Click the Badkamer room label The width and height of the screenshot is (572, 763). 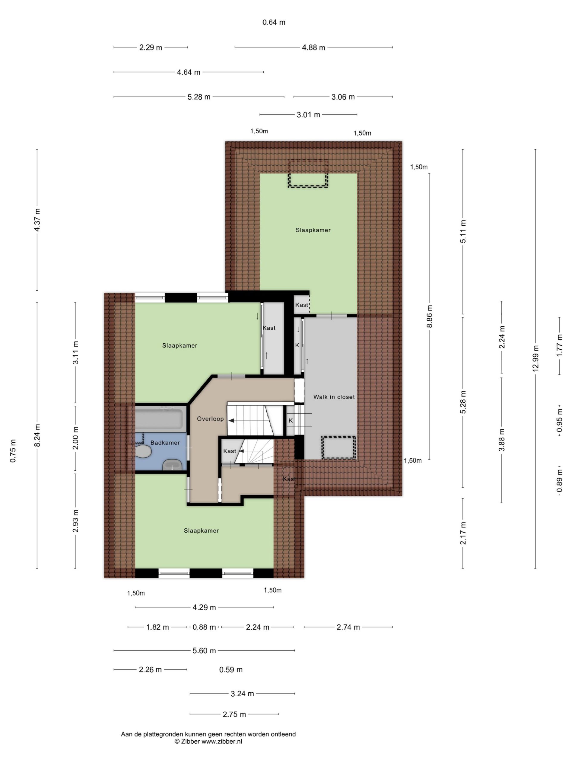pos(165,443)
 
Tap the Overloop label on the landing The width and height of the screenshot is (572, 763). pos(210,419)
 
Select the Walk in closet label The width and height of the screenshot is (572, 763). pos(334,397)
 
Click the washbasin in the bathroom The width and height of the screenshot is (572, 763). pos(172,465)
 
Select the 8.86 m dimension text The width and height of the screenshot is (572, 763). pos(430,316)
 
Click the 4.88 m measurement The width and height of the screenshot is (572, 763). pos(313,48)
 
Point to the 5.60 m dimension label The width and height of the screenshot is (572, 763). pos(204,651)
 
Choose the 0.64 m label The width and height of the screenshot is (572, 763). pos(274,22)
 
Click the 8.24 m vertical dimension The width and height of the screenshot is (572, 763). pos(37,435)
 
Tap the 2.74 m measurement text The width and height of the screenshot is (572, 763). pos(348,627)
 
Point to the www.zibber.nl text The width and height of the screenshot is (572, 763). pos(222,741)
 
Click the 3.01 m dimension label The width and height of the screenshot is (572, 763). pos(308,114)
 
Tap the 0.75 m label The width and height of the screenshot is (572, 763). pos(13,451)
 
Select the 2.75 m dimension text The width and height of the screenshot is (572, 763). pos(234,714)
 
